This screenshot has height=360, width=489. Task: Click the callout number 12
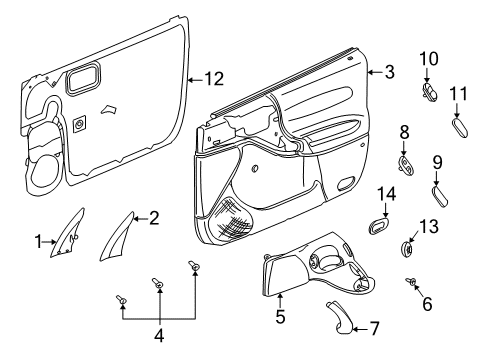tap(214, 79)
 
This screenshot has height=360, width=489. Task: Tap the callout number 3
tap(389, 72)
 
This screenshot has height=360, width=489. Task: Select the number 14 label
tap(386, 194)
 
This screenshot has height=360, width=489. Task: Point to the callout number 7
tap(375, 329)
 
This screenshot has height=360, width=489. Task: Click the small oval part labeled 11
tap(460, 128)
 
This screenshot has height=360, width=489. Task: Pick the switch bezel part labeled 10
tap(429, 92)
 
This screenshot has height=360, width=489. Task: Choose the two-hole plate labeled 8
tap(407, 165)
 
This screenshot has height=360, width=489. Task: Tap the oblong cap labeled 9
tap(440, 197)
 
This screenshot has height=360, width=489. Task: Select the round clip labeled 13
tap(406, 249)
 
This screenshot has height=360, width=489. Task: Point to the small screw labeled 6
tap(411, 282)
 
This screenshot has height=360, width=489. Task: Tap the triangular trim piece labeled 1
tap(67, 233)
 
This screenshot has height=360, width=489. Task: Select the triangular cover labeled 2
tap(117, 237)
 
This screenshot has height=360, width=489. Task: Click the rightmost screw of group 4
tap(193, 265)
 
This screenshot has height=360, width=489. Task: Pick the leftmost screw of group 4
tap(121, 299)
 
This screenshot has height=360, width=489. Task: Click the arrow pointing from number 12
tap(195, 80)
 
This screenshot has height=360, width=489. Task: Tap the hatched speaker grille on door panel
tap(232, 220)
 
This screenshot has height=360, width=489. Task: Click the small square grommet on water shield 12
tap(79, 124)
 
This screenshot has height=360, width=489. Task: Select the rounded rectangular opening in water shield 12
tap(84, 78)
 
